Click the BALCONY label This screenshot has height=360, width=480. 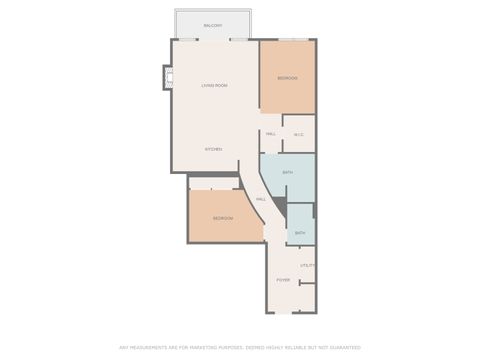click(212, 25)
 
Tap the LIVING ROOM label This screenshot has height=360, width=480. click(214, 86)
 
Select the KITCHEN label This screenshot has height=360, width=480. click(213, 149)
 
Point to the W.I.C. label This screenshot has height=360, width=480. click(298, 135)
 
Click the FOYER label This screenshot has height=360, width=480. click(283, 280)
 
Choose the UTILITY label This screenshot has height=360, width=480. click(308, 265)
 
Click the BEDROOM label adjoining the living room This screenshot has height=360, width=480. click(288, 78)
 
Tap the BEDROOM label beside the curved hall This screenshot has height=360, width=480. click(223, 218)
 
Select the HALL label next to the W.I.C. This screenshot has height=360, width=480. click(271, 134)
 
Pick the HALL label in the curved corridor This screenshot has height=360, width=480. click(260, 199)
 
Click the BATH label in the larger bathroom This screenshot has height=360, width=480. click(288, 173)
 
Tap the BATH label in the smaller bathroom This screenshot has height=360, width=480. click(300, 232)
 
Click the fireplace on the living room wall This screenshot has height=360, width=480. click(167, 78)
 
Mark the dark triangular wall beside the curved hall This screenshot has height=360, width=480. click(281, 206)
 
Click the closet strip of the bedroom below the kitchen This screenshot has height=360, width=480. click(214, 183)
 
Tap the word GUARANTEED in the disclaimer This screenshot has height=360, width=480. click(340, 347)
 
